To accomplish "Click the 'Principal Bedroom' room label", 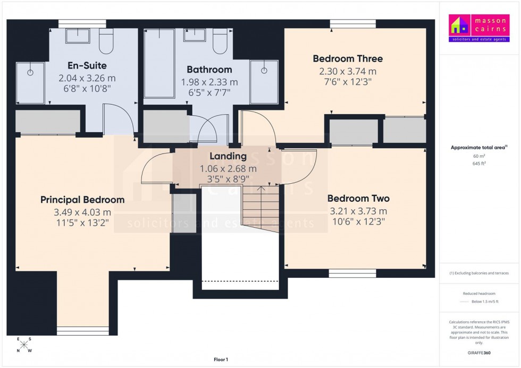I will coord(82,200).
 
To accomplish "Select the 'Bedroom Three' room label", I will coord(348,58).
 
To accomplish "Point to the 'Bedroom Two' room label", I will coord(358,199).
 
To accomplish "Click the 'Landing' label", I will coord(228,156).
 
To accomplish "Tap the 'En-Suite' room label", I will coord(87,66).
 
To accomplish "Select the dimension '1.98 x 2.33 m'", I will coord(209,82).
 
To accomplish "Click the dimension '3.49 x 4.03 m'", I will coord(82,212).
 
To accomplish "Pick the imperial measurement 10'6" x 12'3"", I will coord(358,221).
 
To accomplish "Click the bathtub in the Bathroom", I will coord(159,64).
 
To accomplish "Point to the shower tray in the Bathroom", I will coord(264,81).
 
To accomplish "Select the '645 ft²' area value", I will coord(479,164).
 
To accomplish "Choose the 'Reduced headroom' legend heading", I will coord(480,294).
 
